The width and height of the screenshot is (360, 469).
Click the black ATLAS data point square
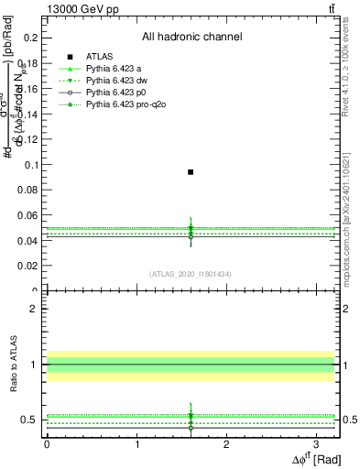click(191, 171)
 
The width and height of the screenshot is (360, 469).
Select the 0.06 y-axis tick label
click(30, 215)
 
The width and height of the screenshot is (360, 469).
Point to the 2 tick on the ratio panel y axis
click(34, 309)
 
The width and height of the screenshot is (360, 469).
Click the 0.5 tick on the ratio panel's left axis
click(31, 420)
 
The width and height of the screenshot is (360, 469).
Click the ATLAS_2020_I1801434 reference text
click(191, 274)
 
